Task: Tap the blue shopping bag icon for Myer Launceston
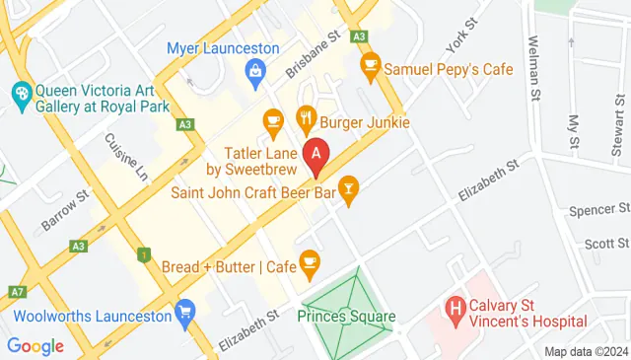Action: (255, 69)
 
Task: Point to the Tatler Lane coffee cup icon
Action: (273, 121)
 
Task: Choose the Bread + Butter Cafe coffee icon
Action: (311, 260)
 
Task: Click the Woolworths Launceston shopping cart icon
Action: (183, 315)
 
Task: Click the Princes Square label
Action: (346, 318)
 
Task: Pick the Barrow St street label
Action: (65, 210)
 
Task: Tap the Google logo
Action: (35, 346)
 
